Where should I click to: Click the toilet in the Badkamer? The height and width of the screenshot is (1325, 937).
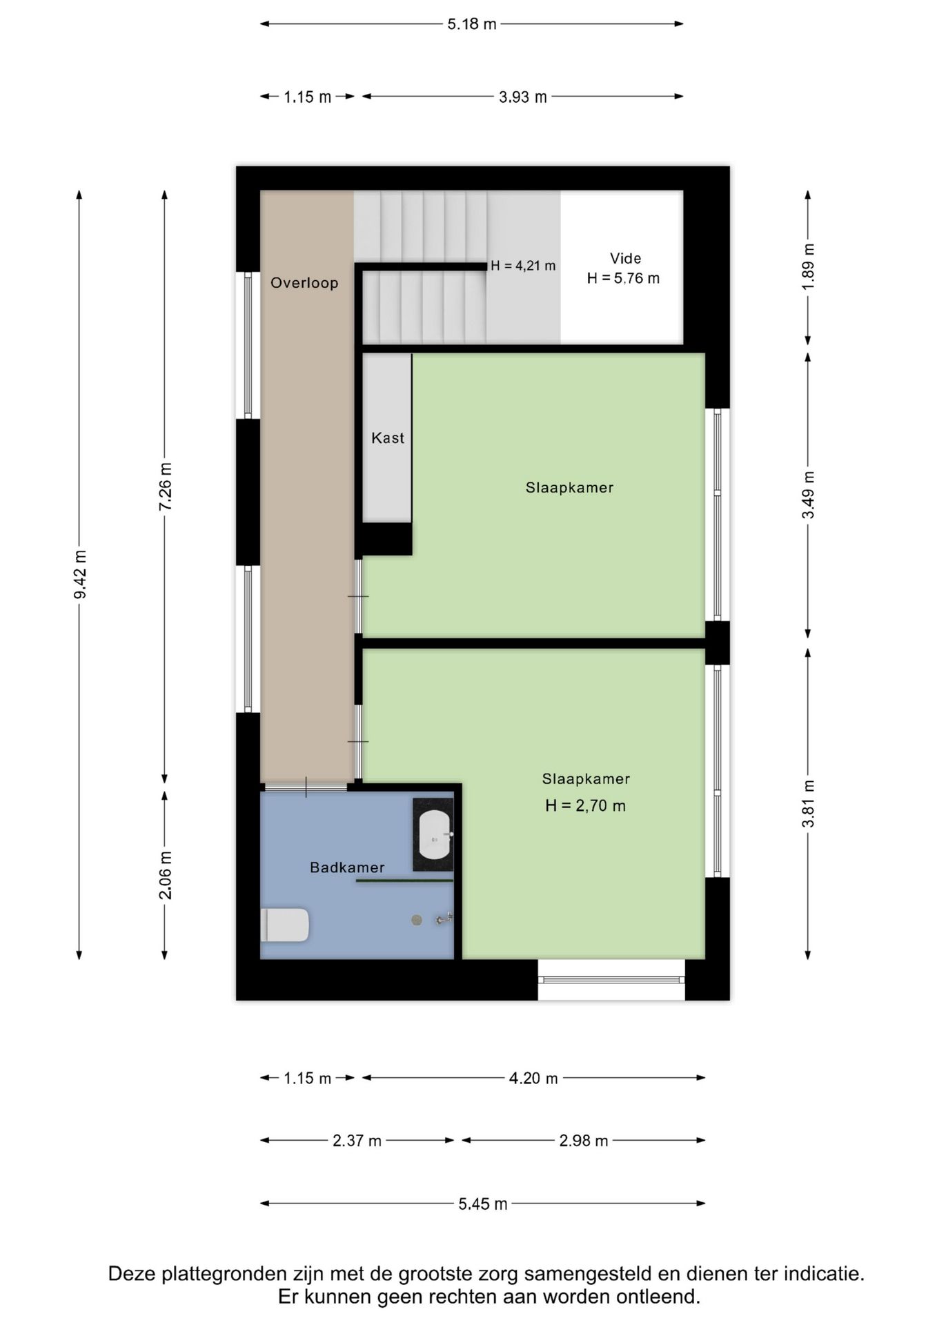click(x=286, y=925)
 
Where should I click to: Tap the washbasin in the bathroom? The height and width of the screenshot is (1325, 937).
click(x=435, y=835)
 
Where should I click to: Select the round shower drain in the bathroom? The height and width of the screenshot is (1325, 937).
click(x=417, y=919)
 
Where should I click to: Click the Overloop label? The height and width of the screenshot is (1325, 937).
click(x=304, y=283)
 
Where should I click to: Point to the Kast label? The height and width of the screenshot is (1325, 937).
click(x=388, y=438)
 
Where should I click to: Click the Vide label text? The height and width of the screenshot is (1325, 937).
click(x=625, y=259)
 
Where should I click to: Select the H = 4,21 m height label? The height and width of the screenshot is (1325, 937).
click(x=523, y=266)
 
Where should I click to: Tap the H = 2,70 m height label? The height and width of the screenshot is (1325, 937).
click(x=585, y=805)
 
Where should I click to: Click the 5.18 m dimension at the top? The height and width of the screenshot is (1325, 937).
click(x=472, y=24)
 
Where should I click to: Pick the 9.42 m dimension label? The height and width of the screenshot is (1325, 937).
click(x=80, y=574)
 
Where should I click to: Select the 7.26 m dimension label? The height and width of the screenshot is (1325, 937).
click(x=166, y=487)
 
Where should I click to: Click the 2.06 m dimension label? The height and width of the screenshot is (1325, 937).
click(x=166, y=875)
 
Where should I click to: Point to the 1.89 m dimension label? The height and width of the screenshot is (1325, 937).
click(x=809, y=266)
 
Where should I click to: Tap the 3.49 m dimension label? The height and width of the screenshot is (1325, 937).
click(x=809, y=495)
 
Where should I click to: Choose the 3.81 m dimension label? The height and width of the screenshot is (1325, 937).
click(x=809, y=804)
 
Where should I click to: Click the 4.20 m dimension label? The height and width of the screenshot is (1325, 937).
click(x=533, y=1078)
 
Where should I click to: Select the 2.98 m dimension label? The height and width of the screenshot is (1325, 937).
click(x=584, y=1141)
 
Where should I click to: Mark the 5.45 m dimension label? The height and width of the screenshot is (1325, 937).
click(x=483, y=1204)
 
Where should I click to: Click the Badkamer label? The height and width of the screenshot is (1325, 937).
click(x=347, y=867)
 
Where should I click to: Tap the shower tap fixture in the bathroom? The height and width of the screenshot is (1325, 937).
click(x=444, y=919)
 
